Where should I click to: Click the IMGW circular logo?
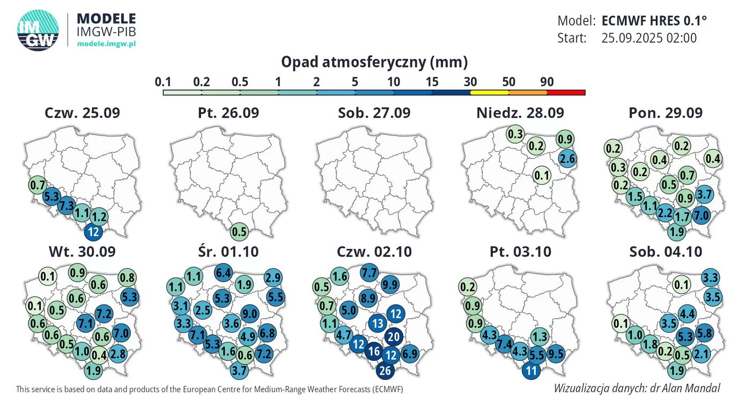[38, 31]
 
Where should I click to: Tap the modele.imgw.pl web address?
[106, 43]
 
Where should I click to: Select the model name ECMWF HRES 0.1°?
[654, 21]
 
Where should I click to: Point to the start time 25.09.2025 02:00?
[649, 38]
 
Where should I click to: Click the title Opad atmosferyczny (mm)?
[374, 63]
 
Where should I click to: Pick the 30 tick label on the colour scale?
[470, 82]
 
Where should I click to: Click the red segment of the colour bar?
[566, 93]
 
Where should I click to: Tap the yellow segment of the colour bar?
[489, 93]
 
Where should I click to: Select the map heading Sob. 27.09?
[374, 113]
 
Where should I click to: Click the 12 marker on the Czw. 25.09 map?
[94, 232]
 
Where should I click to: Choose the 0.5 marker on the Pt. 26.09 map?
[240, 232]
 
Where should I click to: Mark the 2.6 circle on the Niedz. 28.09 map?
[568, 158]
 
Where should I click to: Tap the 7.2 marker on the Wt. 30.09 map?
[103, 312]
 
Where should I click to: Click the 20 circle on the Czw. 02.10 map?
[394, 337]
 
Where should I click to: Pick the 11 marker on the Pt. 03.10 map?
[531, 370]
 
